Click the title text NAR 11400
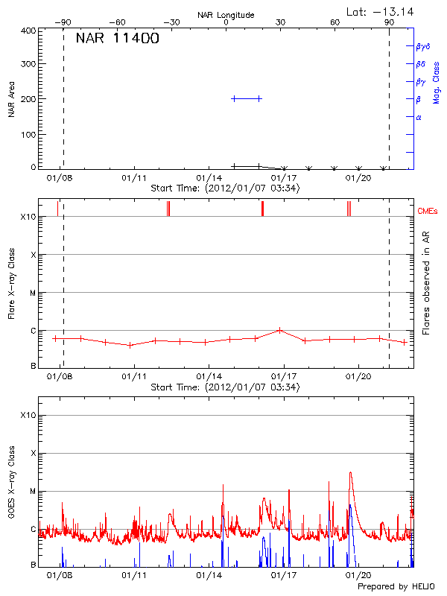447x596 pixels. (117, 39)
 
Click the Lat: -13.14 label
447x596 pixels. (381, 11)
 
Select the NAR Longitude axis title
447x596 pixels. (226, 15)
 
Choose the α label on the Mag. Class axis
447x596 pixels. (419, 117)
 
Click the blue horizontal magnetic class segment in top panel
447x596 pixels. (247, 98)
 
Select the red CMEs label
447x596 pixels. (428, 212)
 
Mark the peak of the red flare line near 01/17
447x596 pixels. (279, 329)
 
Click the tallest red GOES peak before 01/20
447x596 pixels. (350, 473)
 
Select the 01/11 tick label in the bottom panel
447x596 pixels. (134, 574)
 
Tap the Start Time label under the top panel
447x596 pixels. (225, 188)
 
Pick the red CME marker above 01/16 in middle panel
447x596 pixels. (262, 209)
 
